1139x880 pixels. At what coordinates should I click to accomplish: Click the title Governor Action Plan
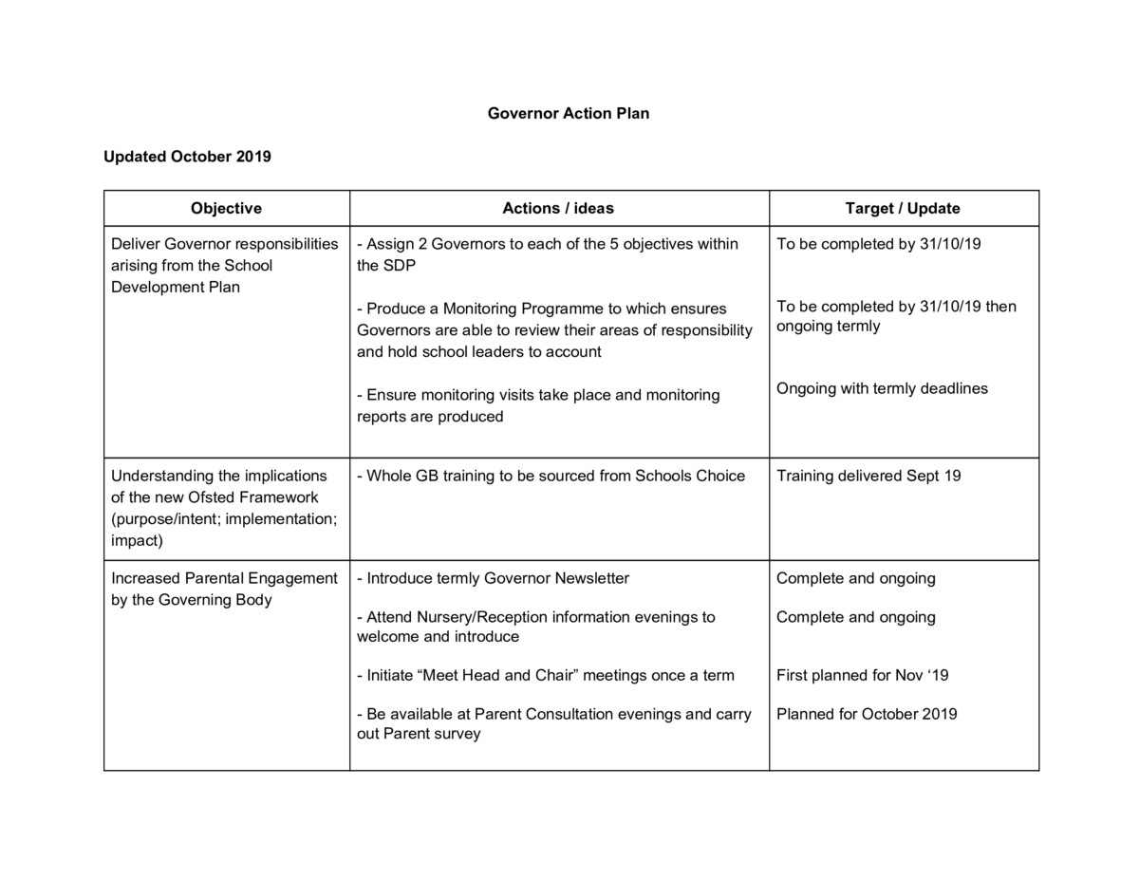pyautogui.click(x=568, y=113)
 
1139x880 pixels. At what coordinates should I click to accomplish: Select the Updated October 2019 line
pyautogui.click(x=187, y=157)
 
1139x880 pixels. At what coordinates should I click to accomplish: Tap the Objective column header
pyautogui.click(x=226, y=208)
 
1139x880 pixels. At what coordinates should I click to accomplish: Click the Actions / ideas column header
pyautogui.click(x=558, y=208)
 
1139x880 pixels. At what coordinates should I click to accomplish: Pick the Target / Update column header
pyautogui.click(x=903, y=208)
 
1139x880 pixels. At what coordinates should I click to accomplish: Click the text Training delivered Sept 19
pyautogui.click(x=868, y=476)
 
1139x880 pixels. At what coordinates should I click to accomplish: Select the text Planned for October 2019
pyautogui.click(x=867, y=714)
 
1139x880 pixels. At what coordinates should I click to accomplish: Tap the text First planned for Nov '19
pyautogui.click(x=862, y=675)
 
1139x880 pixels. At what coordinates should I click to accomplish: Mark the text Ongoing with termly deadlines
pyautogui.click(x=882, y=388)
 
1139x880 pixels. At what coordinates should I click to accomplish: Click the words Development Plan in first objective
pyautogui.click(x=176, y=287)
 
